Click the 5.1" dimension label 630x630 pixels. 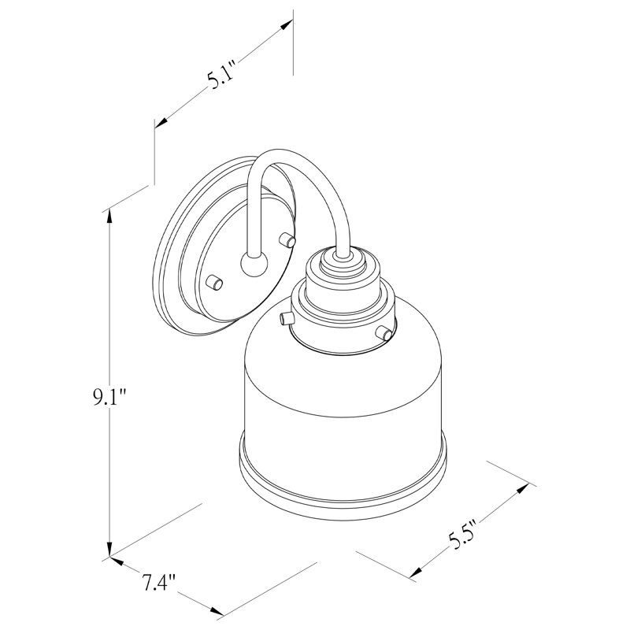[220, 76]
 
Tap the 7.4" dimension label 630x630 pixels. [159, 583]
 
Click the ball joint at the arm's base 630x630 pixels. [254, 265]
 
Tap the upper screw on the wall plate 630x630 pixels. [287, 239]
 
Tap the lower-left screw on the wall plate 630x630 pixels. [214, 282]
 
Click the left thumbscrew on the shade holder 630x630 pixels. [287, 319]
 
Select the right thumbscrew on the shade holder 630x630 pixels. [384, 332]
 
